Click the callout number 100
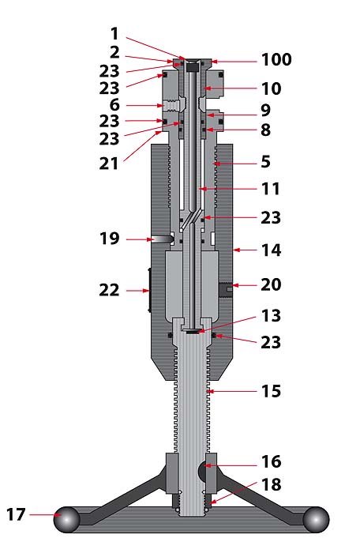(276, 59)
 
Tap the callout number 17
(17, 514)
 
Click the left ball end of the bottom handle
(66, 520)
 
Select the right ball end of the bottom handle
(316, 520)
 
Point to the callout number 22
(109, 290)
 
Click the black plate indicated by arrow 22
(149, 290)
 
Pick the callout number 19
(110, 239)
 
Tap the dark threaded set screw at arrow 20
(226, 289)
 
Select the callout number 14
(271, 250)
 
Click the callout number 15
(271, 391)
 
